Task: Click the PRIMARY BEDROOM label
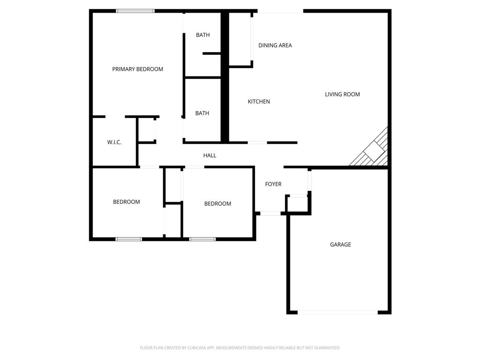tap(137, 69)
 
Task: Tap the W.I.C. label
tap(114, 142)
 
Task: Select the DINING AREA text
tap(275, 45)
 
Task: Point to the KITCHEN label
tap(259, 102)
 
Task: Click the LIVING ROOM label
tap(342, 95)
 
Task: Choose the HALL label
tap(210, 156)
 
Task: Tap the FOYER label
tap(273, 184)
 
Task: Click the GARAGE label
tap(340, 245)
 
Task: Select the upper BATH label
tap(202, 35)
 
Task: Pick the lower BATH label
tap(202, 113)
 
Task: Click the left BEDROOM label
tap(126, 202)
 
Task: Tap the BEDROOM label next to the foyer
tap(217, 204)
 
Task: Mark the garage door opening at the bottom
tap(337, 312)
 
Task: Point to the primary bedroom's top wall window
tap(135, 11)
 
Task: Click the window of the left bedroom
tap(129, 239)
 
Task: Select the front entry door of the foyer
tap(270, 213)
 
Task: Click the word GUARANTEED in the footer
tap(324, 348)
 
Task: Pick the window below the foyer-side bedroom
tap(202, 239)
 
